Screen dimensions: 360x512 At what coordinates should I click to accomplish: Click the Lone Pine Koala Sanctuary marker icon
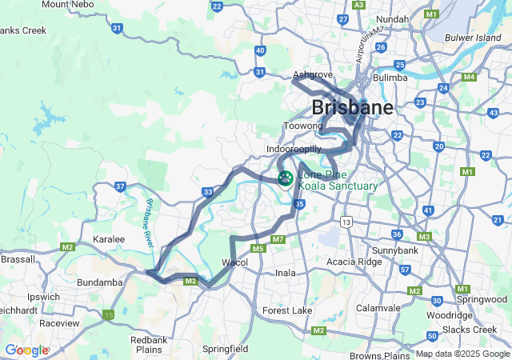284,178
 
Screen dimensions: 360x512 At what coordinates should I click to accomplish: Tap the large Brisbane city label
352,107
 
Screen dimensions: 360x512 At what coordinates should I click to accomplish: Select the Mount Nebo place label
67,5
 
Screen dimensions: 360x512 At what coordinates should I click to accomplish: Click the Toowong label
302,126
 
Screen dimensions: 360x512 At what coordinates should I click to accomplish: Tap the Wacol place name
234,262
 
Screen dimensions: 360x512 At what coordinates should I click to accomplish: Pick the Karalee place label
109,239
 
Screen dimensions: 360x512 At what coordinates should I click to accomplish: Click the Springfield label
225,349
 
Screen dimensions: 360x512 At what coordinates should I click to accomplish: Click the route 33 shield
208,192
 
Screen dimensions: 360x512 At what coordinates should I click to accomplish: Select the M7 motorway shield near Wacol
278,239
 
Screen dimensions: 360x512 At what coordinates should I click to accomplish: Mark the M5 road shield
258,250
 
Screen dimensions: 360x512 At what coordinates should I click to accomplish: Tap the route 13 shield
346,221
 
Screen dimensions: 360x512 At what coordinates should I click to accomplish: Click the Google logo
26,350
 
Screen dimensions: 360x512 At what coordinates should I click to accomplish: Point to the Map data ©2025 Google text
462,354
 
